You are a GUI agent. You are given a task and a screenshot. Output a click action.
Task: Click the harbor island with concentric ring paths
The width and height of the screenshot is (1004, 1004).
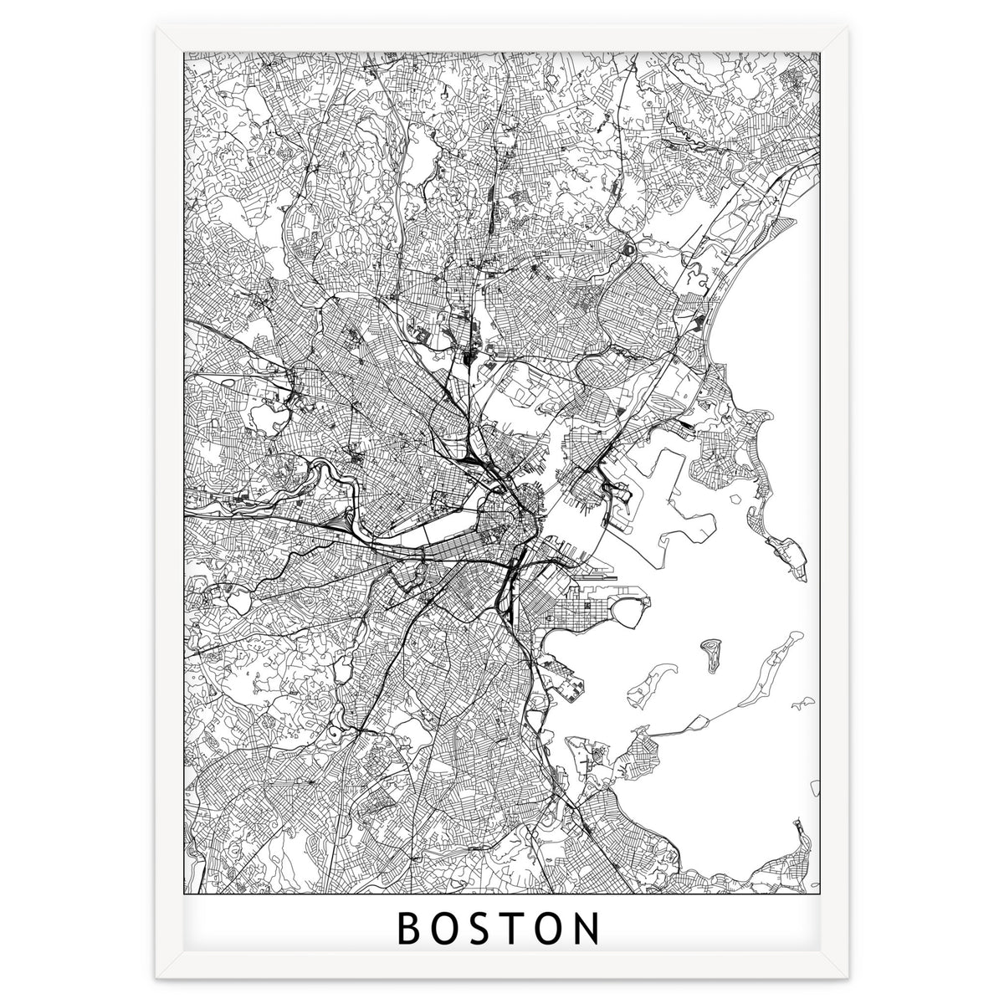(x=712, y=650)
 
